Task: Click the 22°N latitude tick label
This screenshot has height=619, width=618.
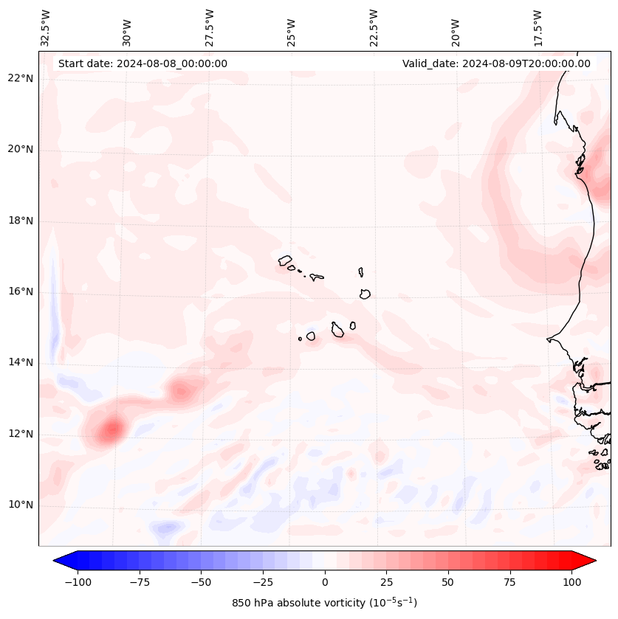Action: coord(21,79)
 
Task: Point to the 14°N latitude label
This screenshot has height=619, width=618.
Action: coord(21,362)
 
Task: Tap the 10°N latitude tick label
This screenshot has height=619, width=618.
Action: coord(21,505)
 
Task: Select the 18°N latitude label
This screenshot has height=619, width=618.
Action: coord(21,221)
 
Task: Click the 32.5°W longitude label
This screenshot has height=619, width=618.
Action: coord(46,28)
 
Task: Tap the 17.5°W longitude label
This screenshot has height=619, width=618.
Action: coord(538,28)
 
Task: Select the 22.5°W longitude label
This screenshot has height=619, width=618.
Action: coord(374,28)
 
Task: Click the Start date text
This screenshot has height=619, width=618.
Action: coord(143,63)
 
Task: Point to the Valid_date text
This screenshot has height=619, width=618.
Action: coord(496,63)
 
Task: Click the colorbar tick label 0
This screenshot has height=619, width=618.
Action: coord(325,582)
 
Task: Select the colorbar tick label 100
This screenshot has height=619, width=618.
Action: coord(571,582)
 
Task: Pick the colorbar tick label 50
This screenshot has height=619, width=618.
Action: coord(448,582)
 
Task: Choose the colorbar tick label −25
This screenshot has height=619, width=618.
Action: coord(262,582)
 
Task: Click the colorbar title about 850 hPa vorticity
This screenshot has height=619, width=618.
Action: coord(324,604)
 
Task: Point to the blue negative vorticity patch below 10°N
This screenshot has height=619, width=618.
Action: coord(168,527)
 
